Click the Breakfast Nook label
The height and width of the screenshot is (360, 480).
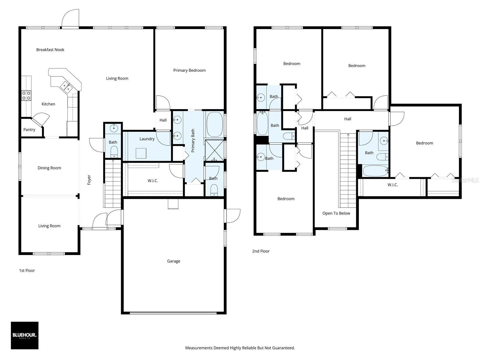pyautogui.click(x=50, y=49)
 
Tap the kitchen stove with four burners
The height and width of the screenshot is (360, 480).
pyautogui.click(x=26, y=96)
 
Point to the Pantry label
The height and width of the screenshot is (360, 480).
pyautogui.click(x=29, y=130)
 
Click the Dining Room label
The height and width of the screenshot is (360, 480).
pyautogui.click(x=49, y=168)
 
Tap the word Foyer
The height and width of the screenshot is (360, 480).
pyautogui.click(x=89, y=180)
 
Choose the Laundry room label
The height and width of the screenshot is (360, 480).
pyautogui.click(x=147, y=139)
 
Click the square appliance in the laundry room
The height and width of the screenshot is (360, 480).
pyautogui.click(x=141, y=153)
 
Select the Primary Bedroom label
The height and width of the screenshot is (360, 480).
pyautogui.click(x=189, y=70)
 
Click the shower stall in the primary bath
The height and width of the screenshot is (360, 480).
pyautogui.click(x=214, y=150)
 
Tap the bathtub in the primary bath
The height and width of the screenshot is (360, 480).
pyautogui.click(x=214, y=124)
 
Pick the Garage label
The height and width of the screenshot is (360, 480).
pyautogui.click(x=174, y=261)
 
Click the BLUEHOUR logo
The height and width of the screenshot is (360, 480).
pyautogui.click(x=25, y=335)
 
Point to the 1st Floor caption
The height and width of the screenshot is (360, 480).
pyautogui.click(x=27, y=270)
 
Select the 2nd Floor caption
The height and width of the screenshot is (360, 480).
pyautogui.click(x=261, y=251)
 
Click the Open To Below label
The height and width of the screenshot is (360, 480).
pyautogui.click(x=336, y=213)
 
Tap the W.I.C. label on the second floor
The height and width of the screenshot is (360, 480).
pyautogui.click(x=393, y=185)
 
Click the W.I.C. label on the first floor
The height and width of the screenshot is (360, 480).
pyautogui.click(x=153, y=181)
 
